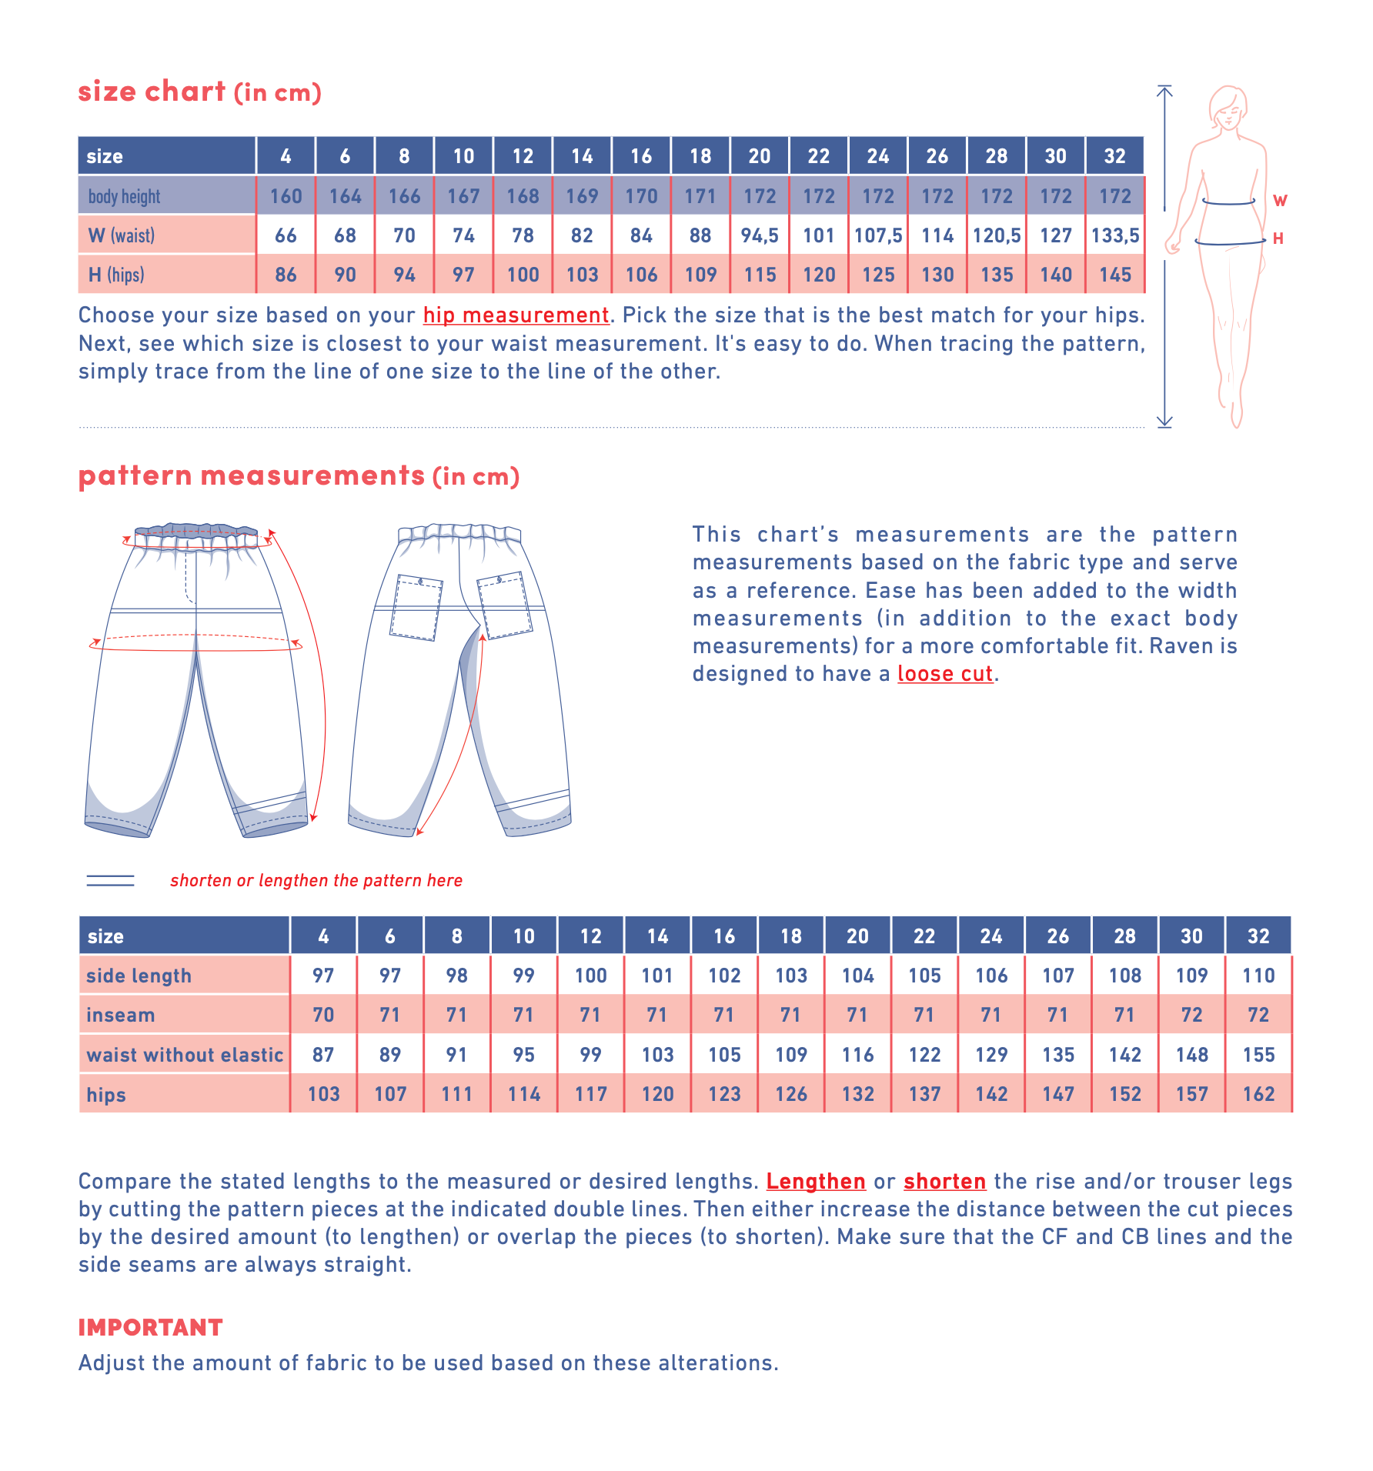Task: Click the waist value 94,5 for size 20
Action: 760,235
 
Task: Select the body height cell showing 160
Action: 286,196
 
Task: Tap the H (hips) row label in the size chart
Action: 116,275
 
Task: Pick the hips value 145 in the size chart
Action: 1115,275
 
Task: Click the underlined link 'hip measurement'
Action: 516,315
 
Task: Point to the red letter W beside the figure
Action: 1280,201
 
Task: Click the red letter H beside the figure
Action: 1278,238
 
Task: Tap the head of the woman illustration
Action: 1228,107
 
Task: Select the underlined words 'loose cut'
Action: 945,674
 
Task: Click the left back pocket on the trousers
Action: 416,607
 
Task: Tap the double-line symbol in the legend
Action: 110,881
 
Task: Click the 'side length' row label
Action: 139,976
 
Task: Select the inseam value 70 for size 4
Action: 323,1015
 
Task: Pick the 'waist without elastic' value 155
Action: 1258,1055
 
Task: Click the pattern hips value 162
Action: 1258,1094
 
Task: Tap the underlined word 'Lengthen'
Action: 816,1182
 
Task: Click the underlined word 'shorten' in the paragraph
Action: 944,1182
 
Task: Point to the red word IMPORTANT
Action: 150,1327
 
